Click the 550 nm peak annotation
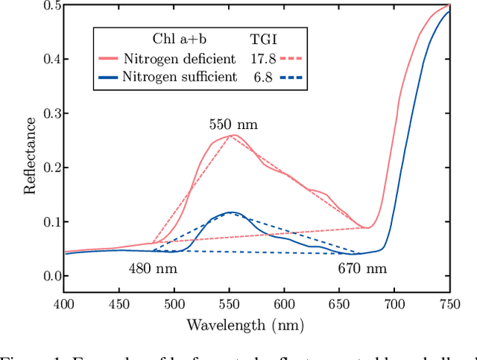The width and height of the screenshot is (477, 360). [x=233, y=124]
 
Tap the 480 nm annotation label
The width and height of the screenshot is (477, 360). [x=153, y=268]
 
